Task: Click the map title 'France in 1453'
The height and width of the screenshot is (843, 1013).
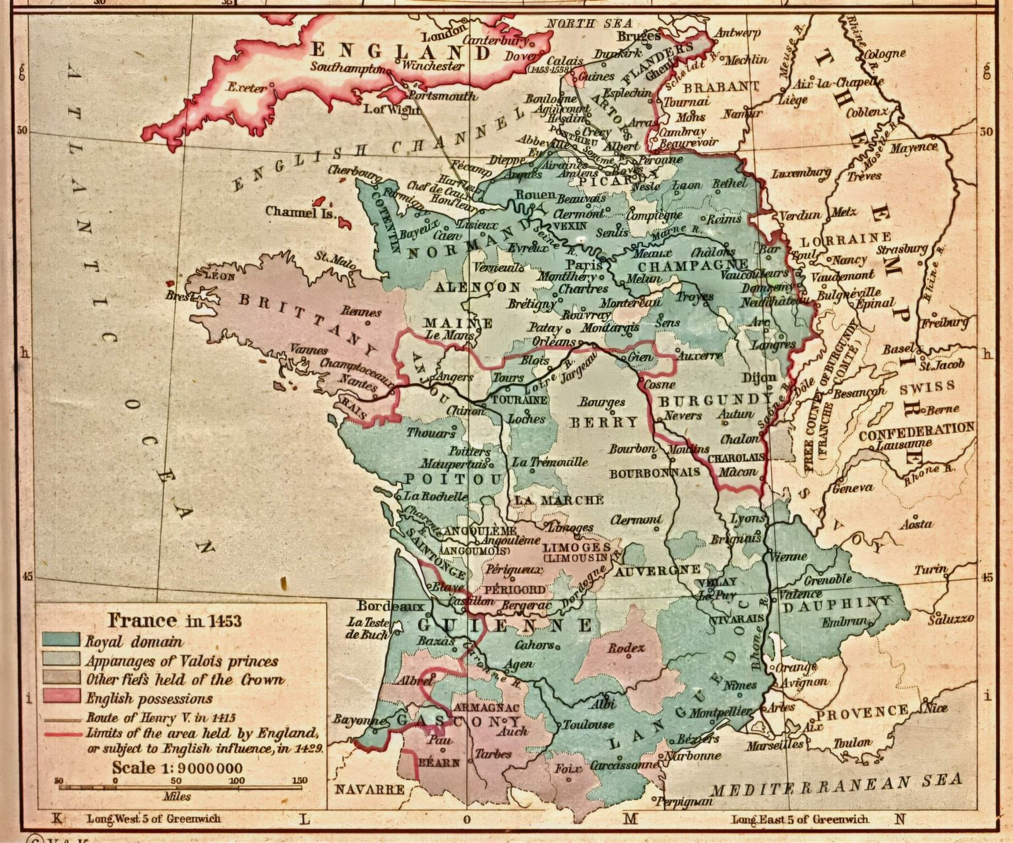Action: click(x=175, y=620)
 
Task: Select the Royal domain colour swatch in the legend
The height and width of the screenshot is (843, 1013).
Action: click(x=61, y=640)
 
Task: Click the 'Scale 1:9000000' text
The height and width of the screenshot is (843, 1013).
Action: click(x=177, y=768)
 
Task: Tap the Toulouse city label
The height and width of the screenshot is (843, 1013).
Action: click(x=588, y=724)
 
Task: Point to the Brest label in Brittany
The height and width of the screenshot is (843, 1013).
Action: click(x=179, y=297)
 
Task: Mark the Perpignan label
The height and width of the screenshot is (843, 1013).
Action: click(x=690, y=801)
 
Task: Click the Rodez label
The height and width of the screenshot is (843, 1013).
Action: click(x=626, y=648)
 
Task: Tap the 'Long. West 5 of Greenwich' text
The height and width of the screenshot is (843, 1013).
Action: click(x=154, y=819)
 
